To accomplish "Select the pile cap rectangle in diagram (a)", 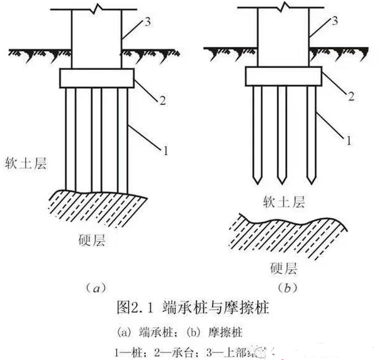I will [97, 78].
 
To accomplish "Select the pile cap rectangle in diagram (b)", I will [283, 76].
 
